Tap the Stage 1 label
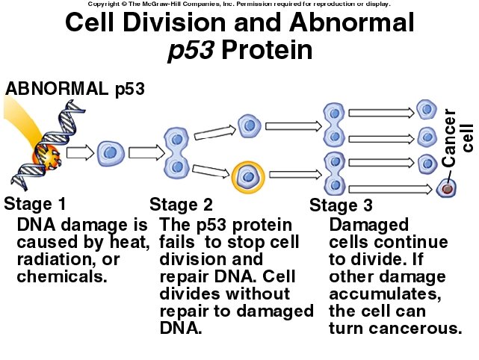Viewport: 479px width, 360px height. [35, 203]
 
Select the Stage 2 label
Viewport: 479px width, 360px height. [181, 204]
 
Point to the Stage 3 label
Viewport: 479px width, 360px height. [340, 205]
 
